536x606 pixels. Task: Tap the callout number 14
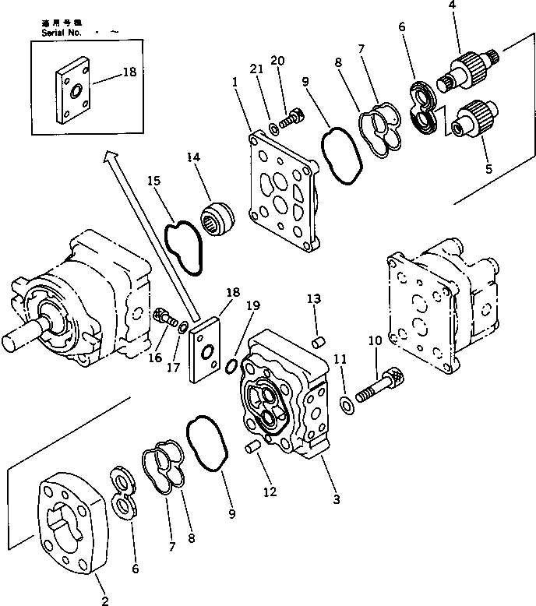193,158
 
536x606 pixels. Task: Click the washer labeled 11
346,403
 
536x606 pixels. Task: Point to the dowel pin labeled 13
318,342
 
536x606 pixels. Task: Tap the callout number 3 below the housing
336,499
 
